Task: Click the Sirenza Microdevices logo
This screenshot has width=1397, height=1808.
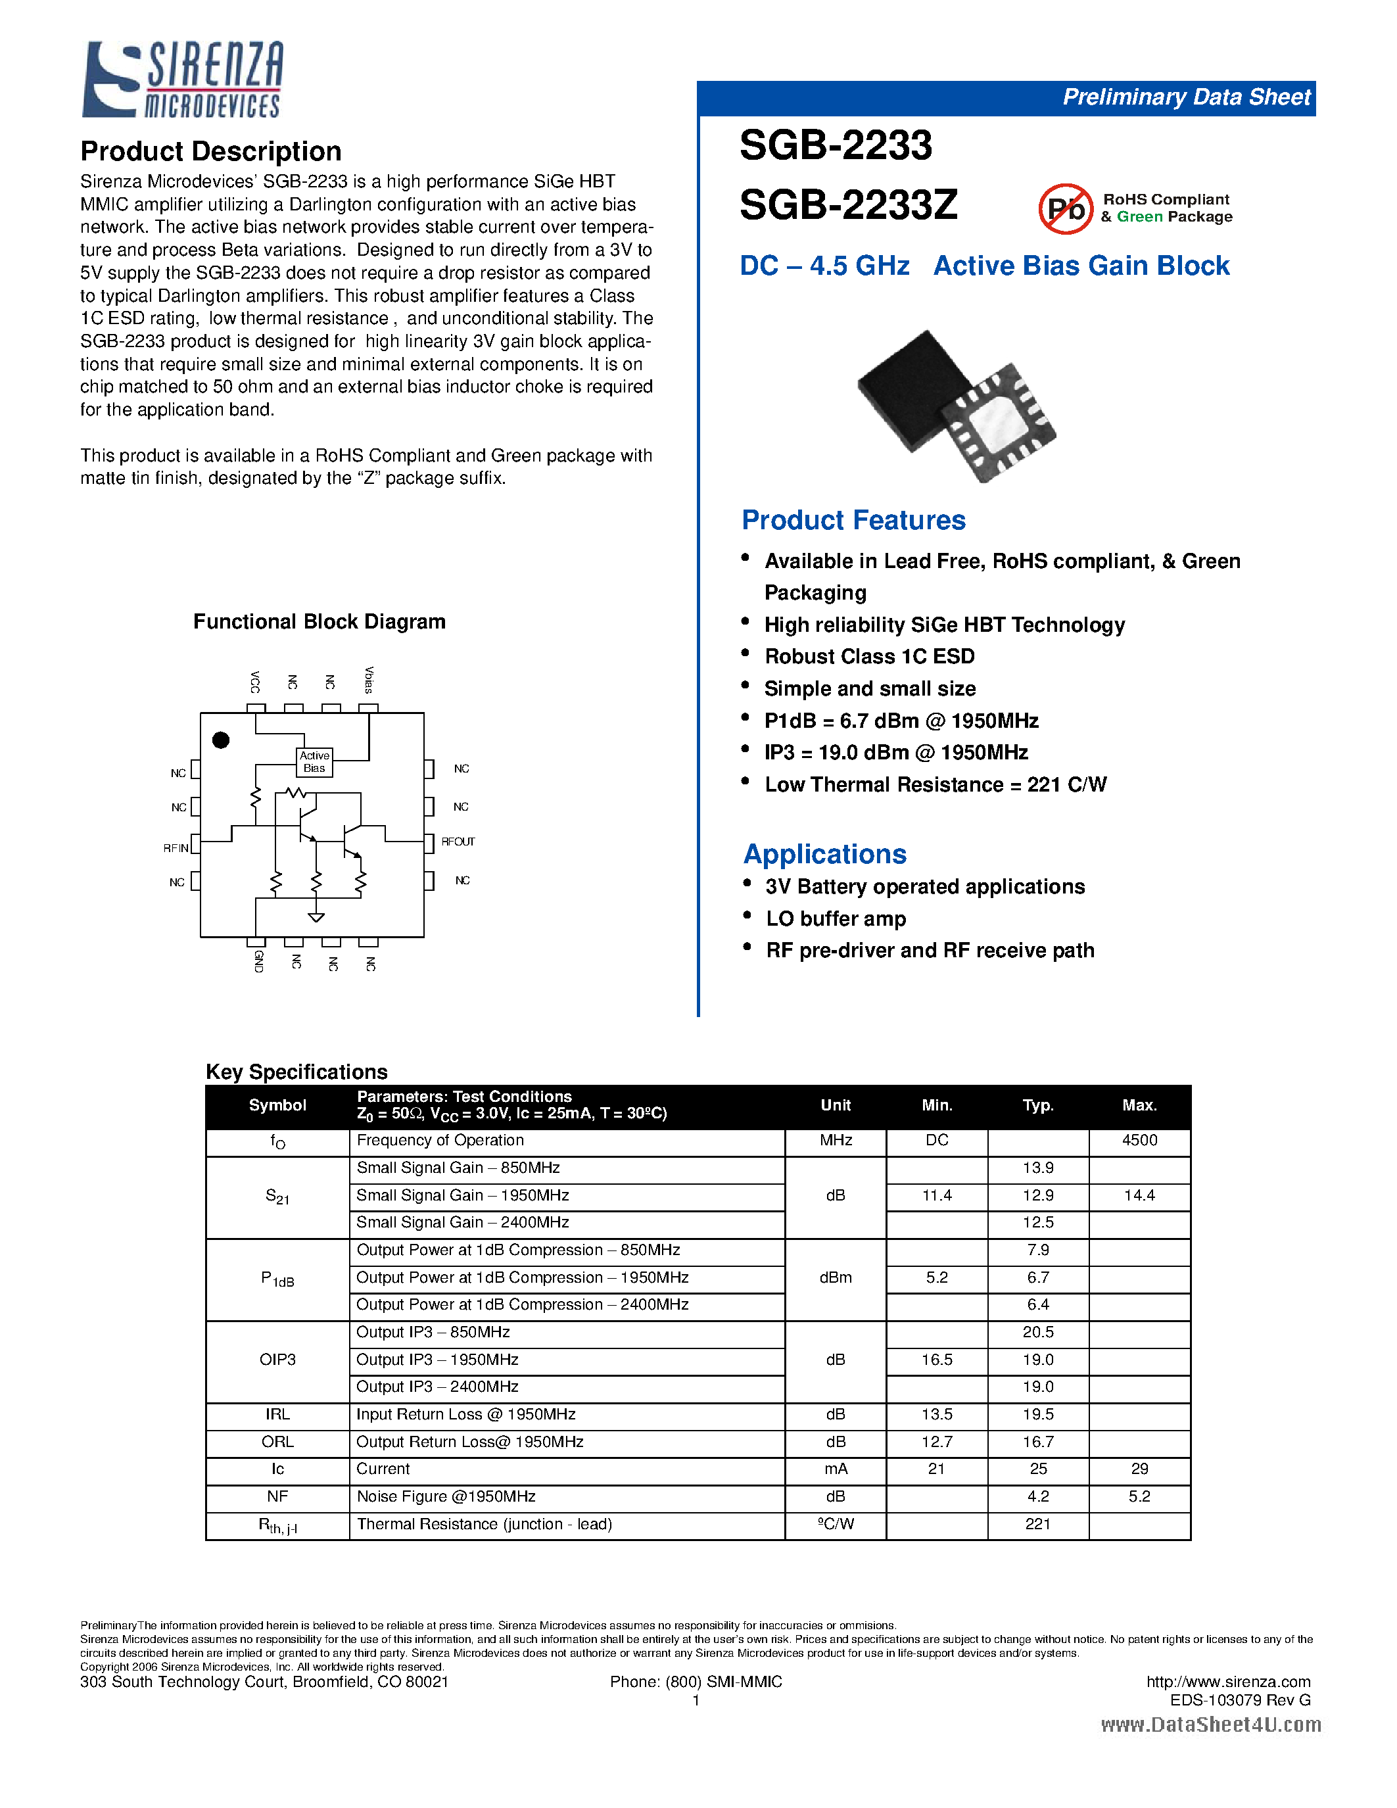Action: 183,80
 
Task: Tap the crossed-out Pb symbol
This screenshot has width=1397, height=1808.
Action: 1065,208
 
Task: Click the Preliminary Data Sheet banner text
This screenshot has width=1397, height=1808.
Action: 1185,98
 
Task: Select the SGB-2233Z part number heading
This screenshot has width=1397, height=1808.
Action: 848,205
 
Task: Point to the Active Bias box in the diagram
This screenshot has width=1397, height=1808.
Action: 314,761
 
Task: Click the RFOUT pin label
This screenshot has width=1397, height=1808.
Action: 458,842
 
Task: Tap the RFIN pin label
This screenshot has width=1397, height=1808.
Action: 176,847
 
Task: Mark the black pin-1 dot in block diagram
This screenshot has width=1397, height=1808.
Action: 221,740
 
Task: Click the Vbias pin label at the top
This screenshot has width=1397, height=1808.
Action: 369,680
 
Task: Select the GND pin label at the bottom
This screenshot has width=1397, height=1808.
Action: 258,961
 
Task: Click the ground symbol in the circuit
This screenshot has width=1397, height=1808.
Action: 316,916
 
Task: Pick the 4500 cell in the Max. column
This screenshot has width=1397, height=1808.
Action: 1139,1141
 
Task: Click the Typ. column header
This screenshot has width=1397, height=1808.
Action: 1038,1105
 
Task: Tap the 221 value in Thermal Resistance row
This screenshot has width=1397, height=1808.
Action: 1038,1524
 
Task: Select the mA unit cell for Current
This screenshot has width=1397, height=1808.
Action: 835,1469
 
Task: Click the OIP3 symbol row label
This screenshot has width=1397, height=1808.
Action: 277,1360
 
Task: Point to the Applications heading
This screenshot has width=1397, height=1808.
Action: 824,853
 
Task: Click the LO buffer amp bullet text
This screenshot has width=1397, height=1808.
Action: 835,919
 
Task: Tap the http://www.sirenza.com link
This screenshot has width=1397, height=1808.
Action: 1228,1681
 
